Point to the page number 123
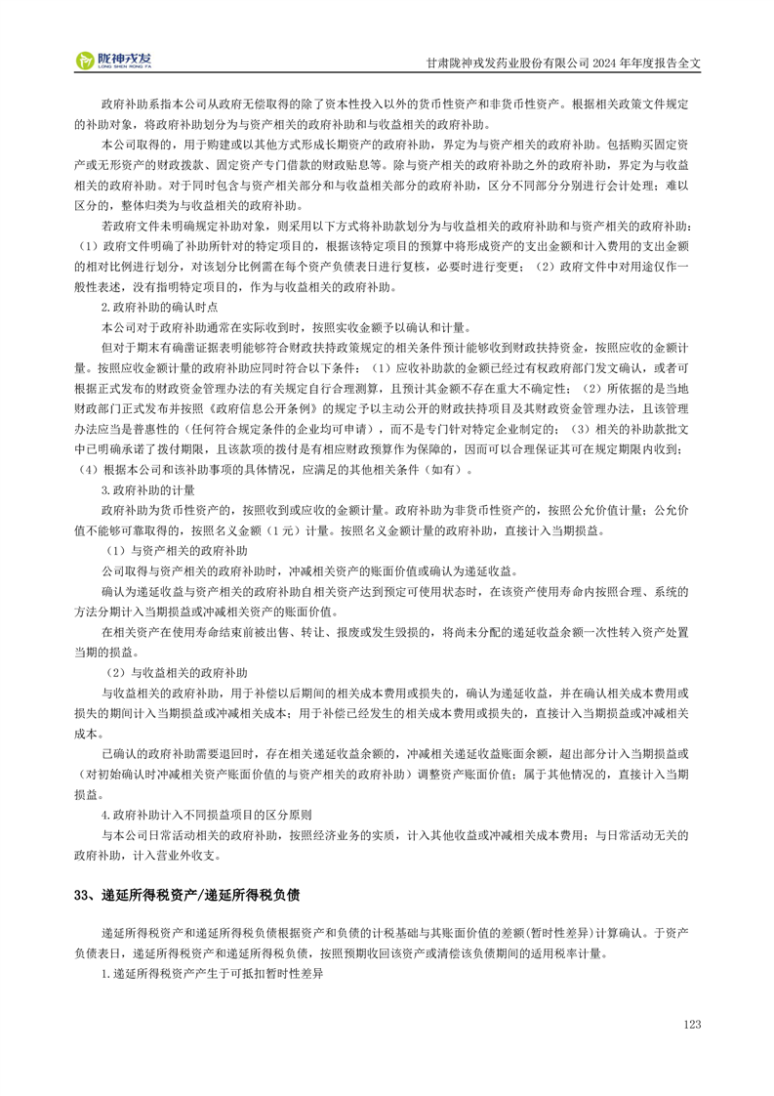(x=692, y=1024)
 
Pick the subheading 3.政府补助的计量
(x=148, y=489)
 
